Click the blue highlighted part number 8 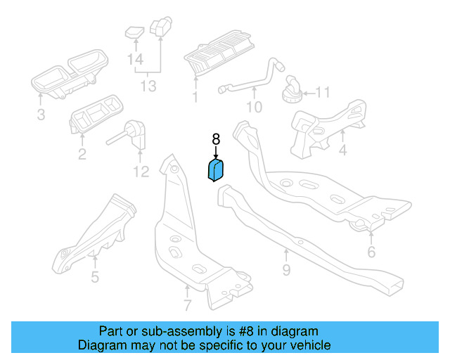tap(215, 170)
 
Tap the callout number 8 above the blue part tap(216, 139)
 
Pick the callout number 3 tap(41, 114)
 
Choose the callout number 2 tap(82, 154)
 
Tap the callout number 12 tap(141, 171)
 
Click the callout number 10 tap(254, 108)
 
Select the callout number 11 tap(322, 92)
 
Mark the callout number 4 tap(342, 150)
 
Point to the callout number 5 tap(95, 276)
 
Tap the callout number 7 tap(187, 306)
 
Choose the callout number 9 tap(286, 270)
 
